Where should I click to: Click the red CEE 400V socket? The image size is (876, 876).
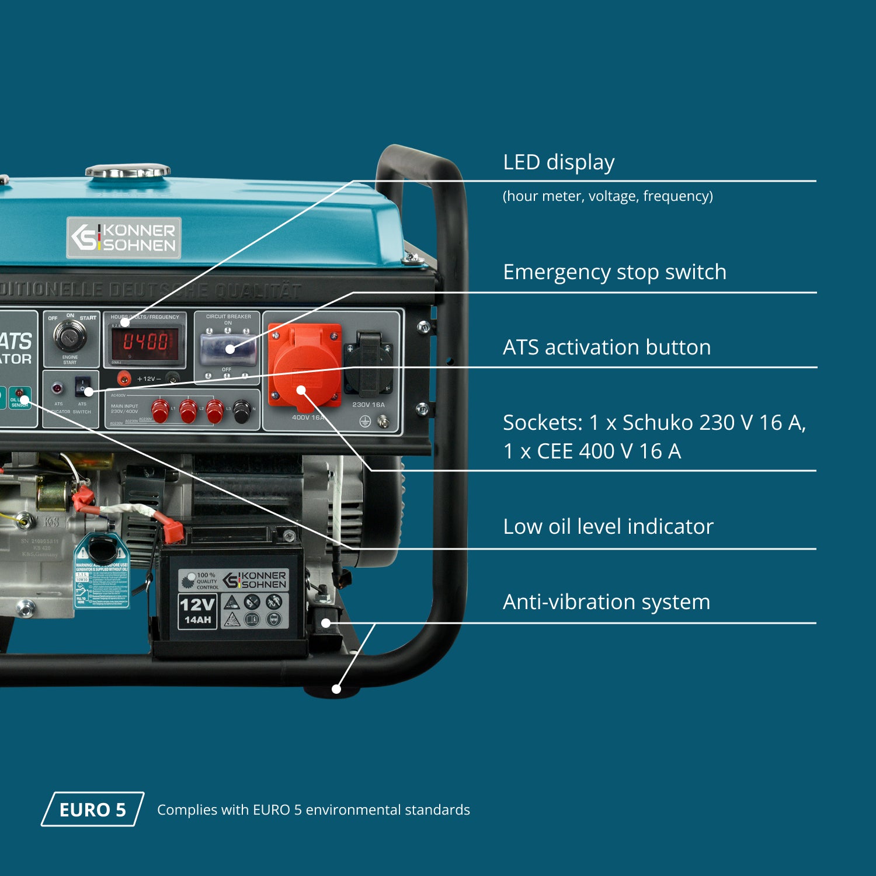(304, 367)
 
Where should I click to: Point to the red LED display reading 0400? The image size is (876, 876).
(145, 342)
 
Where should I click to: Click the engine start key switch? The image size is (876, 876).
(70, 335)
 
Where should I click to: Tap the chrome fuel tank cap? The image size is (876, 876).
(128, 172)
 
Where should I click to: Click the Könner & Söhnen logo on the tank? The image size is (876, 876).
(124, 238)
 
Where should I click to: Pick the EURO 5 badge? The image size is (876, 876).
(92, 809)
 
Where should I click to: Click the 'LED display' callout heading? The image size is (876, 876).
(558, 162)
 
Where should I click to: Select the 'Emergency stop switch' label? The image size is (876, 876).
(614, 272)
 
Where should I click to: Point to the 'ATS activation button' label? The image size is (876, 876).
(607, 347)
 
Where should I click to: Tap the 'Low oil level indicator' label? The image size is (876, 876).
(608, 527)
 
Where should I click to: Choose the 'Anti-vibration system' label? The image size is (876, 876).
(606, 602)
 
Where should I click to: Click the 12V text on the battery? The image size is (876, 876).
(197, 604)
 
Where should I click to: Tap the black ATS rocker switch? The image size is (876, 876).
(83, 386)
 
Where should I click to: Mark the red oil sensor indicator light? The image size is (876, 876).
(19, 392)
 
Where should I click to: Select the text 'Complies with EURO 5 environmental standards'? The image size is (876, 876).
(313, 810)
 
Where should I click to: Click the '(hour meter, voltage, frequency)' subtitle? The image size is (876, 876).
(607, 196)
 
